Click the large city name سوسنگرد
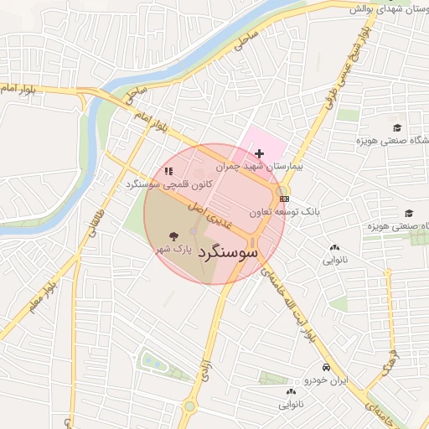click(x=229, y=252)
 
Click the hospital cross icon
click(x=260, y=153)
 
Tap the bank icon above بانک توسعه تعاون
click(x=285, y=199)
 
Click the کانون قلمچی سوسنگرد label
click(x=163, y=183)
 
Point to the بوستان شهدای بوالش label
click(x=384, y=9)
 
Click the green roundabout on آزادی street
click(x=190, y=407)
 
